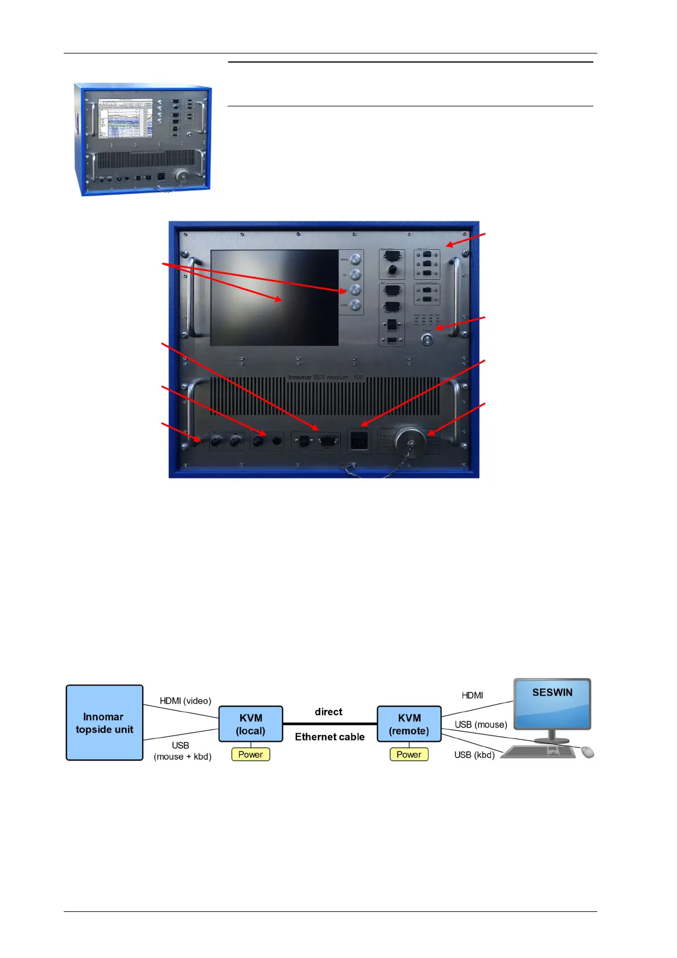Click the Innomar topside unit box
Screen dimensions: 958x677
(x=104, y=722)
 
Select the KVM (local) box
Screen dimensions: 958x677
(x=250, y=724)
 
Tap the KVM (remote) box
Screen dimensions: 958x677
(x=409, y=724)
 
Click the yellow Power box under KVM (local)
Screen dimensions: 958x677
(x=250, y=754)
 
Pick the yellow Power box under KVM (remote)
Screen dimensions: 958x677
(x=408, y=754)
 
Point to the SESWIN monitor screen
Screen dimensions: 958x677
(x=552, y=703)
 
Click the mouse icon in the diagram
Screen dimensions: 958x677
(x=588, y=752)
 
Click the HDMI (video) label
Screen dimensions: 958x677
(x=185, y=700)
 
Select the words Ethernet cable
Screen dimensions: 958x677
(x=329, y=737)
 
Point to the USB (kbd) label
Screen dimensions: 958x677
(x=474, y=754)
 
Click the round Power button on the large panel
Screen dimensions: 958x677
(x=426, y=340)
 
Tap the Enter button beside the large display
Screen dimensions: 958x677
(x=356, y=305)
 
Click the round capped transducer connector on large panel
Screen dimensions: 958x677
(x=410, y=440)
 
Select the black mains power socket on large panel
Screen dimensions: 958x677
(x=358, y=440)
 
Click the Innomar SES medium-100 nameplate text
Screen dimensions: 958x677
(x=325, y=377)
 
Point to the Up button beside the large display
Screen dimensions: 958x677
(x=356, y=275)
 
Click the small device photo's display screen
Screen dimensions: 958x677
(x=125, y=118)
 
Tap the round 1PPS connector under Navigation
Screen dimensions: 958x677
(x=392, y=269)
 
